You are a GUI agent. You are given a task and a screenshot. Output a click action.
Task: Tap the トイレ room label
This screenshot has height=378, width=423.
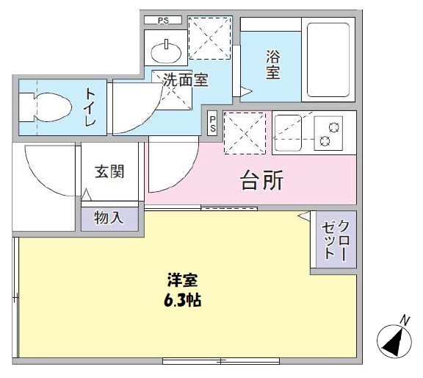[x=90, y=107]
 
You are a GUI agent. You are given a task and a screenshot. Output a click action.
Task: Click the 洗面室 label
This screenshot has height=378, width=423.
[x=185, y=80]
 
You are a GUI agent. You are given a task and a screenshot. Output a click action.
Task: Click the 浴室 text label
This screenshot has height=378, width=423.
[x=273, y=64]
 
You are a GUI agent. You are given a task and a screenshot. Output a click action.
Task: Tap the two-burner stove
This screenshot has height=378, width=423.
[x=328, y=132]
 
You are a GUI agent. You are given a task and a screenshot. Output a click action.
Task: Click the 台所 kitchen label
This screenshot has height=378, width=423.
[x=262, y=181]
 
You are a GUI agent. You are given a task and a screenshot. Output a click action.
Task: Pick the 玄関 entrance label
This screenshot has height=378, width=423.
[x=109, y=172]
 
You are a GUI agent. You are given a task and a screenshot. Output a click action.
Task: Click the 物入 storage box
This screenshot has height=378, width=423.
[x=109, y=218]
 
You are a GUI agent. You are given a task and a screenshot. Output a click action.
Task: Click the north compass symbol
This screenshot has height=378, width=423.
[x=395, y=341]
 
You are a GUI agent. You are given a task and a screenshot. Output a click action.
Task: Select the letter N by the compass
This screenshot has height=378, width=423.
[x=405, y=320]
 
